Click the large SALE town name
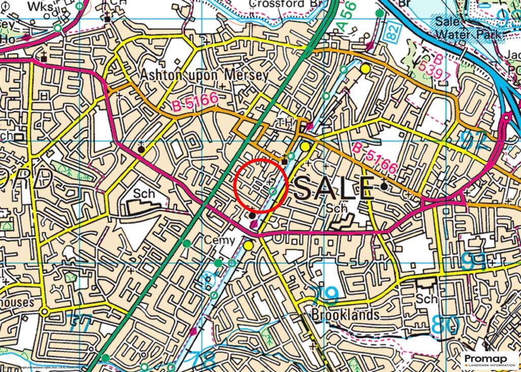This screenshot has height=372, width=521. tap(334, 189)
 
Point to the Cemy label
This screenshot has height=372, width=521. tap(220, 240)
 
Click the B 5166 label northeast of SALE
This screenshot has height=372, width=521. tap(375, 158)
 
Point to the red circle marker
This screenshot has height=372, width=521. tap(261, 185)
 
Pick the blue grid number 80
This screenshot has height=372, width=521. tap(446, 325)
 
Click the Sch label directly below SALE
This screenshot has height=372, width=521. tap(337, 209)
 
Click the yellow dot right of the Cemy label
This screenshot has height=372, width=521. tap(248, 245)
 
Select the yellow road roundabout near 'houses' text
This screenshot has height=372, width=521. tap(45, 311)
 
